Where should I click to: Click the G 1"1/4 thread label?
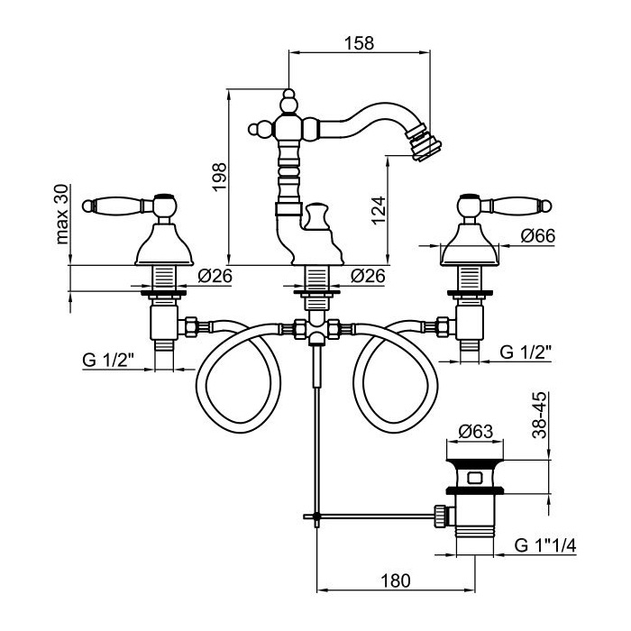coord(545,546)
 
